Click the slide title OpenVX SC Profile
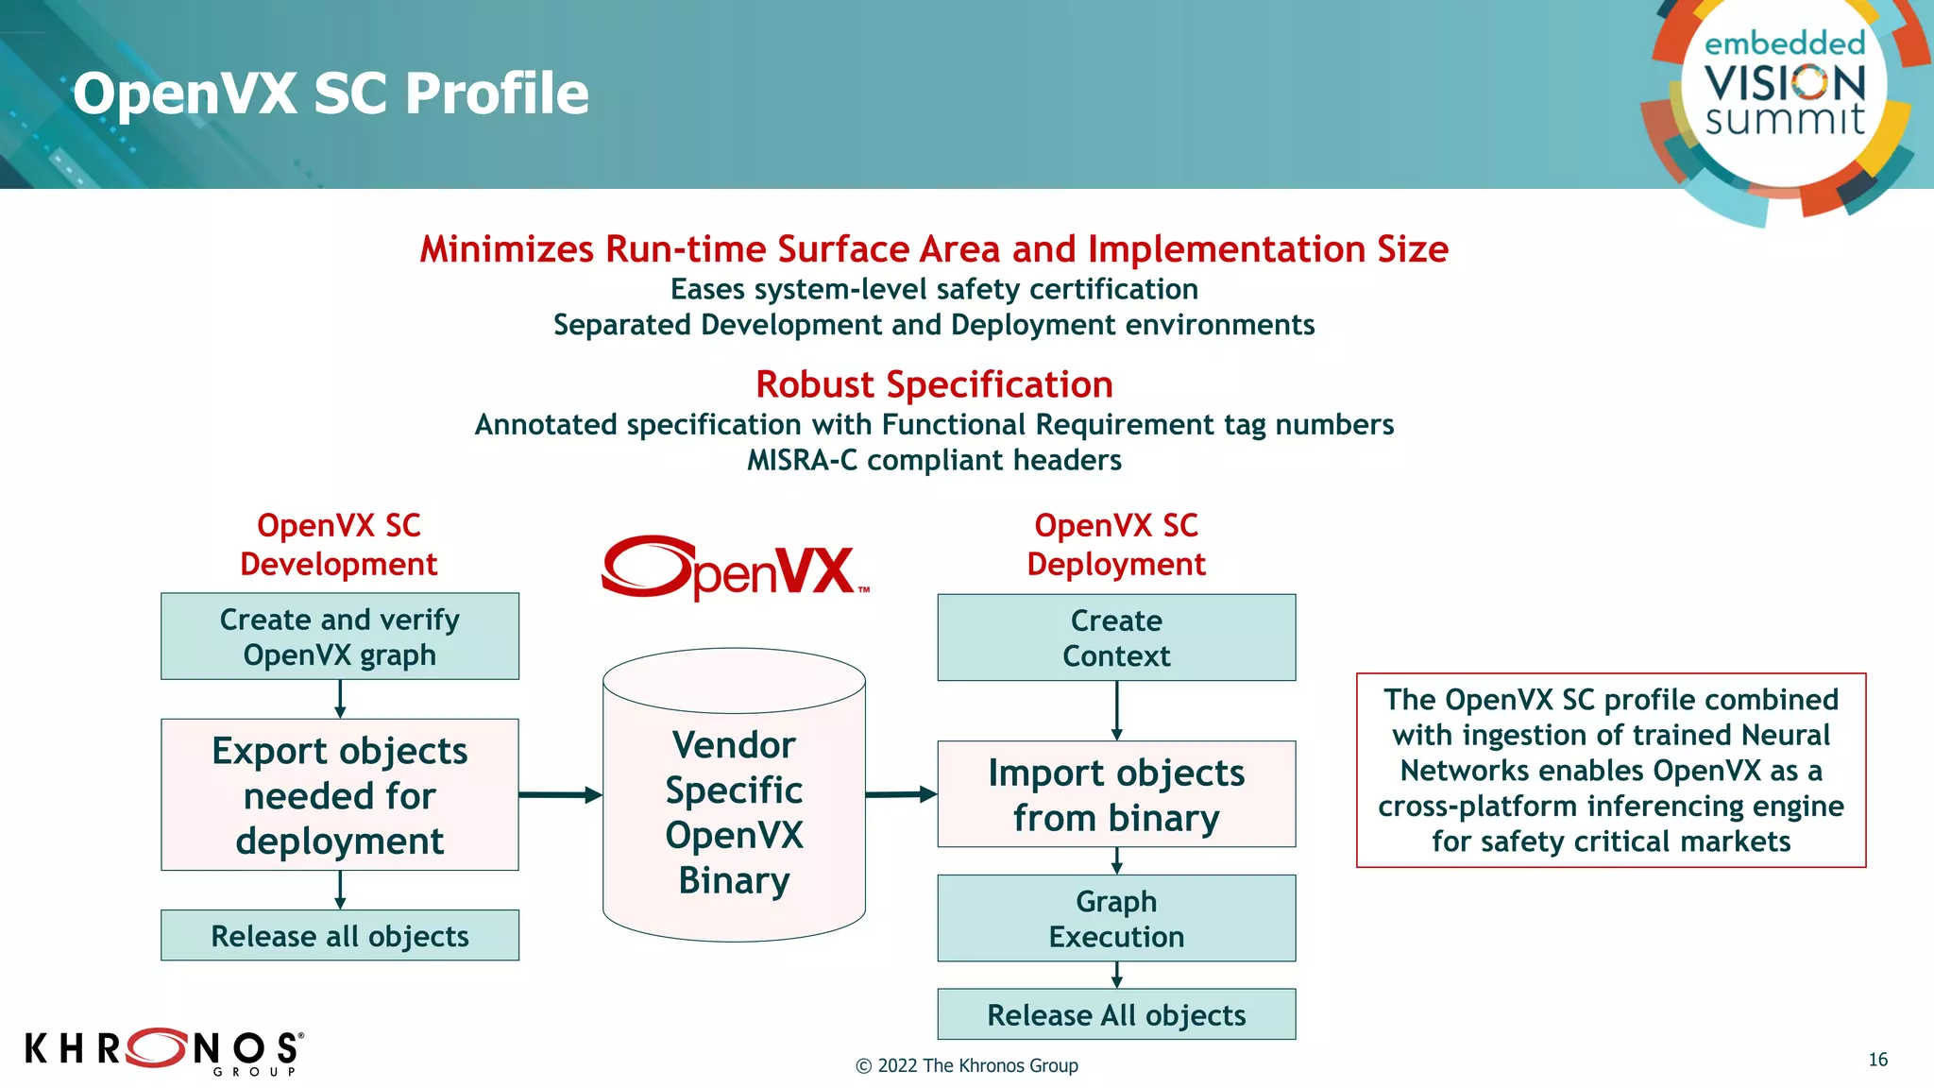[x=331, y=93]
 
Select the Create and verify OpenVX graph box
[x=340, y=637]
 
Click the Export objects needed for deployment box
[x=340, y=795]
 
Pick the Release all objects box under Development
[x=340, y=936]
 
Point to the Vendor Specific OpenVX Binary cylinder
[x=734, y=812]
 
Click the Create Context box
[x=1116, y=637]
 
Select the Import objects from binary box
[x=1116, y=794]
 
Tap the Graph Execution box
[x=1116, y=919]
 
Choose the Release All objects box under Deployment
[x=1116, y=1014]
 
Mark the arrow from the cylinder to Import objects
[x=901, y=794]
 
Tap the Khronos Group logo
[x=163, y=1050]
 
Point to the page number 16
[x=1877, y=1060]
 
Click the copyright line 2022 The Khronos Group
[x=967, y=1065]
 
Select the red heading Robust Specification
[x=934, y=384]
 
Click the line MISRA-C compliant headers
[x=934, y=460]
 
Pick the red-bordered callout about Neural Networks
[x=1611, y=770]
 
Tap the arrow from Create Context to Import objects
[x=1116, y=710]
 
